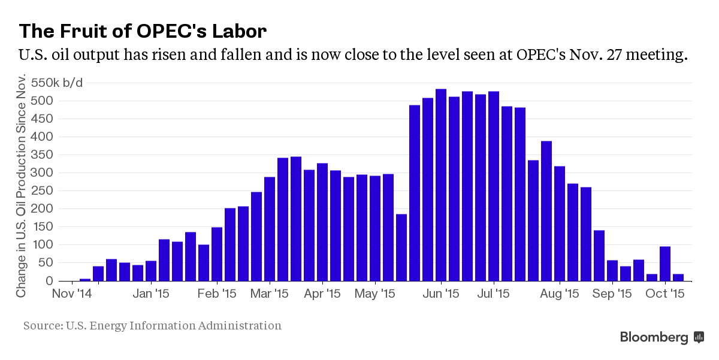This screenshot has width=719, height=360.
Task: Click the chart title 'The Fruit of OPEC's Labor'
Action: point(143,31)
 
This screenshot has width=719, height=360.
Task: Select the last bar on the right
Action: point(678,277)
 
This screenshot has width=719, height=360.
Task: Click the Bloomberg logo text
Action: point(654,337)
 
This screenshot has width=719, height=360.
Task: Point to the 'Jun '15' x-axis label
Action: point(442,294)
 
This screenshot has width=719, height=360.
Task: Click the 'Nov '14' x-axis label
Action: point(72,294)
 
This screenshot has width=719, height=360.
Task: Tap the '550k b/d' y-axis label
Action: point(58,83)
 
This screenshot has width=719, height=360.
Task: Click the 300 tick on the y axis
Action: point(46,173)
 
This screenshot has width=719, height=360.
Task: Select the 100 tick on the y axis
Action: point(46,245)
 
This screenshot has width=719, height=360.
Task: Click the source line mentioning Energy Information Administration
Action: point(152,326)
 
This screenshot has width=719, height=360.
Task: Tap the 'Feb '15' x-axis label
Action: point(217,294)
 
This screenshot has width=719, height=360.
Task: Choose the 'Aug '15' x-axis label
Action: point(560,294)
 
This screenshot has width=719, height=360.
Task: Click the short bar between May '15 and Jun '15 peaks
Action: point(401,247)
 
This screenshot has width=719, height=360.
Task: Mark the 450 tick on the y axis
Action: point(46,119)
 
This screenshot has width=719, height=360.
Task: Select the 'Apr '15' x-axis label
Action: point(322,294)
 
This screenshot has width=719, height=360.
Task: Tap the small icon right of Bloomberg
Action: point(699,337)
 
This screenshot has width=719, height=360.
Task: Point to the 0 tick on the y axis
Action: point(51,281)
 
